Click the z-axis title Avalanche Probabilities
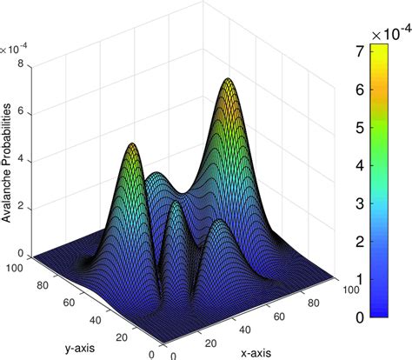[7, 164]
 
